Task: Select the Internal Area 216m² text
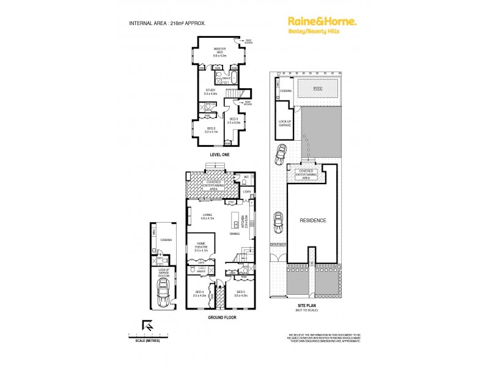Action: (167, 23)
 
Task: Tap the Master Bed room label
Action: (219, 51)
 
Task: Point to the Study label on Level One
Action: (210, 92)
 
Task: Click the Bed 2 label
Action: (211, 130)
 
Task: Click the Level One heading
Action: (218, 155)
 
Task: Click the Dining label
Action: (235, 234)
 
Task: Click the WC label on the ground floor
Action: (246, 177)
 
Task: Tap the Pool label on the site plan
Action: (317, 89)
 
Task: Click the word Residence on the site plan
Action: (312, 220)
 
